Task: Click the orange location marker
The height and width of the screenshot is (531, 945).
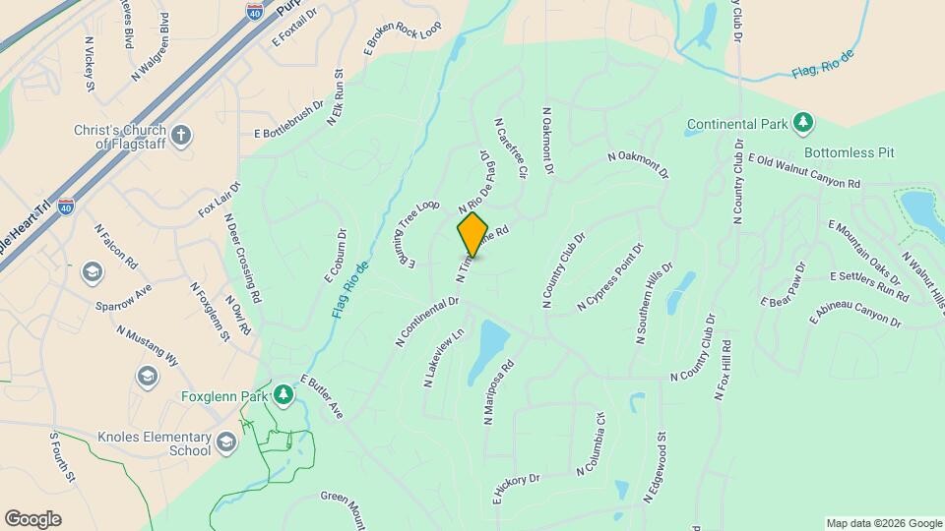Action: pos(472,234)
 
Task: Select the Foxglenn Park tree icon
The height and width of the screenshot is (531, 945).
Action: pos(284,395)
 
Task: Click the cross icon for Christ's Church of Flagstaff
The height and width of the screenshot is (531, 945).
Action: pos(181,136)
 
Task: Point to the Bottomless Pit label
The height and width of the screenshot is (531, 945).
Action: pos(848,153)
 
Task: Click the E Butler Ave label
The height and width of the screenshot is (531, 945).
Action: pos(321,396)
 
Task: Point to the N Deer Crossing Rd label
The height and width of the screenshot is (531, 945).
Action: pos(244,258)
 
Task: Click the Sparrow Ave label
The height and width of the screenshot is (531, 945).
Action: pos(124,298)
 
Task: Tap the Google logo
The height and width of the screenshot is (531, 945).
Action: pos(32,519)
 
